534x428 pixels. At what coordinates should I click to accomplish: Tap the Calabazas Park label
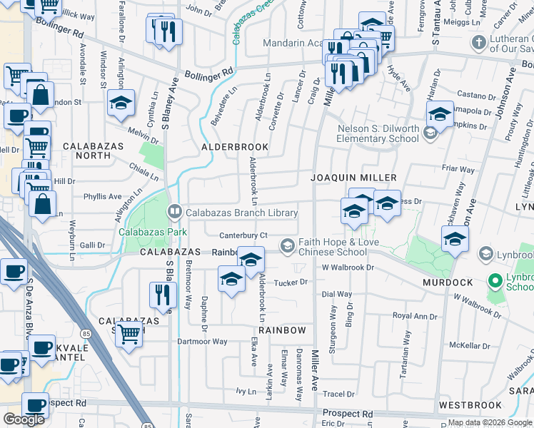tap(152, 232)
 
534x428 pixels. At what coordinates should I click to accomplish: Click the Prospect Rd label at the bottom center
tap(347, 414)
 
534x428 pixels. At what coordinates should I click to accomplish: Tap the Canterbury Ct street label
tap(243, 235)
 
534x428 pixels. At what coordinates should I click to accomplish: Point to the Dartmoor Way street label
tap(202, 342)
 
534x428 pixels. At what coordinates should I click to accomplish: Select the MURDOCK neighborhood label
tap(448, 283)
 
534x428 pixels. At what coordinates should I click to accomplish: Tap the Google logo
tap(25, 419)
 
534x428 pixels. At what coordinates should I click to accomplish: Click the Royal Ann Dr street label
tap(414, 316)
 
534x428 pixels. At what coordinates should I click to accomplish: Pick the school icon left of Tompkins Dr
tap(440, 113)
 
